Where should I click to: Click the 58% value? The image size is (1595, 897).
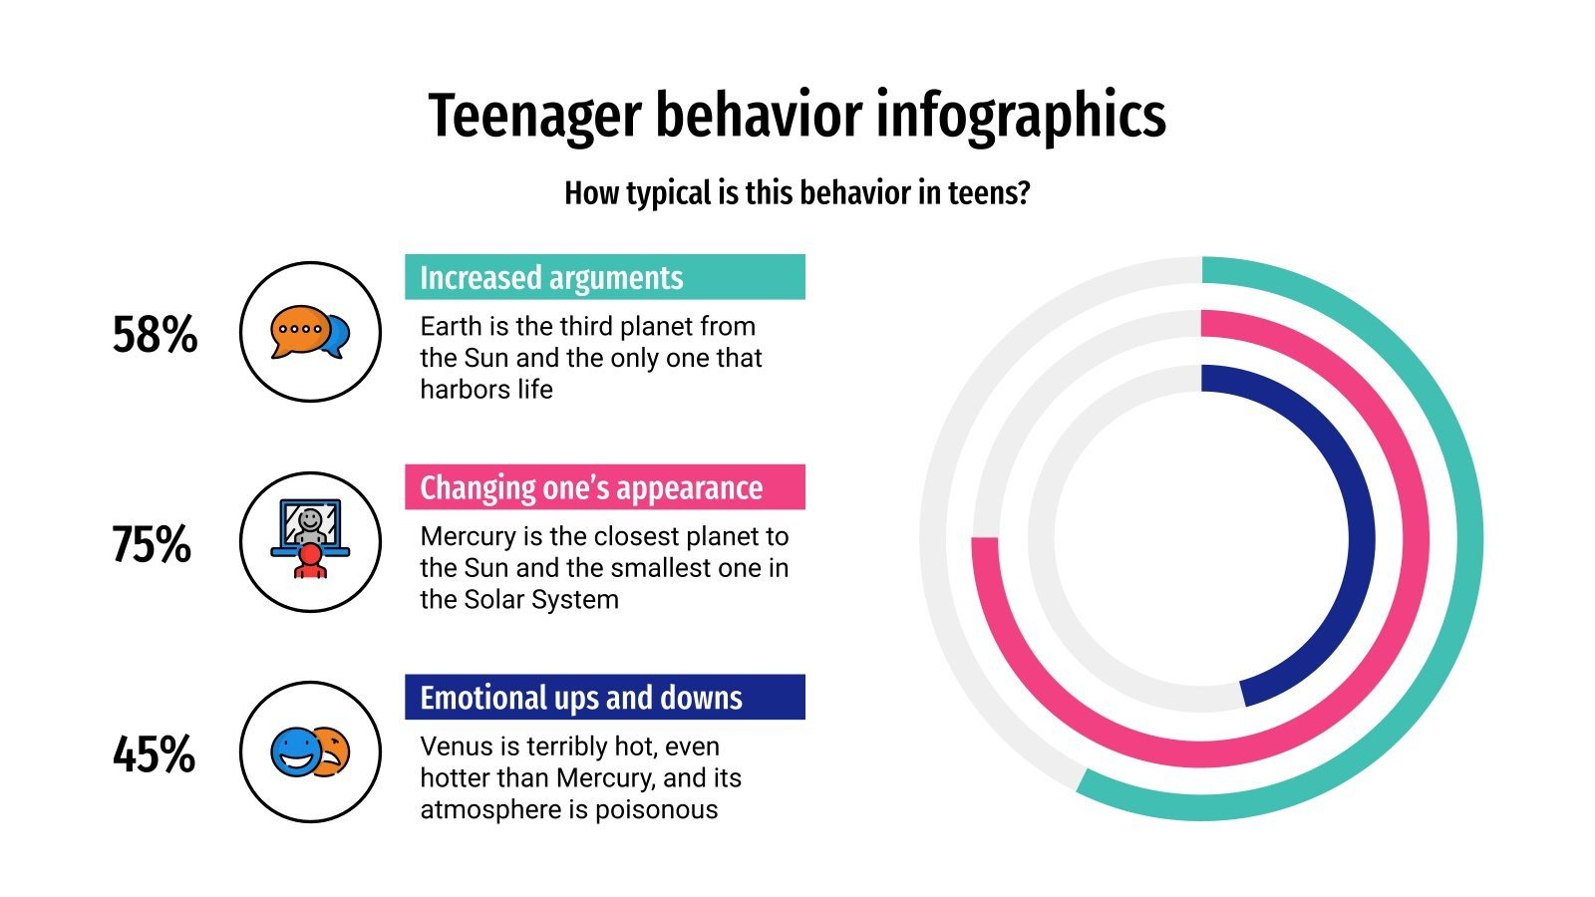[155, 335]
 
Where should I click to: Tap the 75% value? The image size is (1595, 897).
[152, 545]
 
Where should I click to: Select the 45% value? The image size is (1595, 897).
[154, 754]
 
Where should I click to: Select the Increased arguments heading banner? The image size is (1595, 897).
[604, 277]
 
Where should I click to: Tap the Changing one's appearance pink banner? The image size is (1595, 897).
[604, 487]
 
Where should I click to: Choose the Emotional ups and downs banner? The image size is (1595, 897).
[604, 697]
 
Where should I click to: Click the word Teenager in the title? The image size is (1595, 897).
[534, 116]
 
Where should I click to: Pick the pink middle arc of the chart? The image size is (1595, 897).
[1413, 538]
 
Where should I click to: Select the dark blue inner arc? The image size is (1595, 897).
[1361, 538]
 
